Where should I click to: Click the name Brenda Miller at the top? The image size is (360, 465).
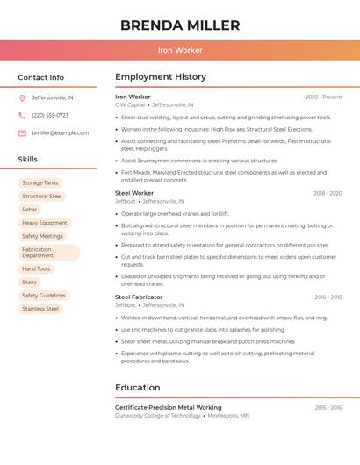(x=179, y=25)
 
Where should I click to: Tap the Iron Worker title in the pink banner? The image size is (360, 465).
(x=179, y=50)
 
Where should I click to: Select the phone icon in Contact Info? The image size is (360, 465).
(x=22, y=115)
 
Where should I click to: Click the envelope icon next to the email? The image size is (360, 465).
(x=22, y=132)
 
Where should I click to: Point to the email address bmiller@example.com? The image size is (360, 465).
(x=60, y=132)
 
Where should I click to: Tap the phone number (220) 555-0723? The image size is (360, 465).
(x=50, y=115)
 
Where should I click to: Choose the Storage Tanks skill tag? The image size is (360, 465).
(x=40, y=182)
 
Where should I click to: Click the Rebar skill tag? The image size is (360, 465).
(x=30, y=210)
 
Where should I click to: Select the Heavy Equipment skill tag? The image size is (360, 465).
(x=45, y=223)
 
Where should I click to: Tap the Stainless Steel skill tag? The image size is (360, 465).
(x=40, y=309)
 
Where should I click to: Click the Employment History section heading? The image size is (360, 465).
(x=160, y=77)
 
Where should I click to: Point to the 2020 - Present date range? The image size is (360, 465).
(x=323, y=97)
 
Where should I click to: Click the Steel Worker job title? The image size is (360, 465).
(x=134, y=192)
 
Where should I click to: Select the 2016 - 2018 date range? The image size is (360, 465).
(x=328, y=297)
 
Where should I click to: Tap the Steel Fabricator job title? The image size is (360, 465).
(x=139, y=297)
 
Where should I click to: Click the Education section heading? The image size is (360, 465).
(x=138, y=387)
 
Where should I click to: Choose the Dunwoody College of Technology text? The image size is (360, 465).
(x=157, y=415)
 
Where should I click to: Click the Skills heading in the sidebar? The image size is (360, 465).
(x=28, y=160)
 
